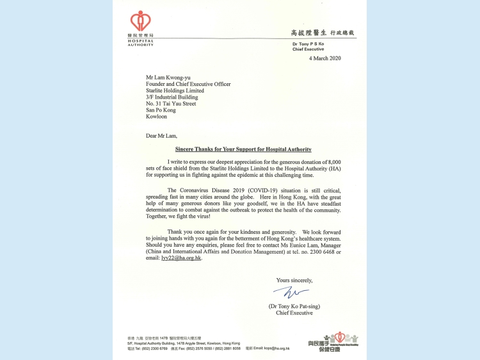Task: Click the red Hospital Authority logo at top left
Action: [141, 22]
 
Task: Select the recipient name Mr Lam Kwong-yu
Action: [168, 77]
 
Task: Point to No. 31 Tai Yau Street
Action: [171, 104]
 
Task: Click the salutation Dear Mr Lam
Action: [161, 136]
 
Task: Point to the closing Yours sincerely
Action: [294, 280]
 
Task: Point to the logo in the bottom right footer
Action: [339, 341]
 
